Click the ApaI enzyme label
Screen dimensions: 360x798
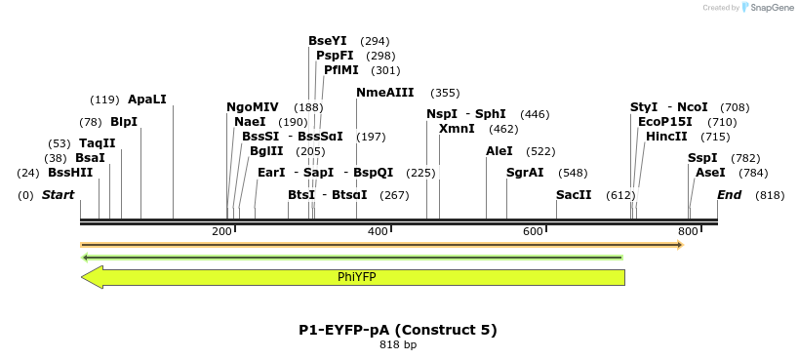point(147,100)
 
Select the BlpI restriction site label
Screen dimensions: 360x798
point(124,122)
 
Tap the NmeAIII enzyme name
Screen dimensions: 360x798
point(385,93)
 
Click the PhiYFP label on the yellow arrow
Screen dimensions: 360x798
point(357,277)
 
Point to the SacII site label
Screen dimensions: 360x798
point(574,195)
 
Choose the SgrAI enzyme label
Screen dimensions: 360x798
point(525,173)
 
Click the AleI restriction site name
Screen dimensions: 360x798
point(499,151)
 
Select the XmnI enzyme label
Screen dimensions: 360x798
point(457,129)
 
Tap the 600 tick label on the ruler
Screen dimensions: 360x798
point(533,231)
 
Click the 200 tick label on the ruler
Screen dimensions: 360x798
point(222,231)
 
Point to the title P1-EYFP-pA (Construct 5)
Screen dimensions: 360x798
point(398,330)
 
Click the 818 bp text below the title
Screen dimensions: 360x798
point(398,344)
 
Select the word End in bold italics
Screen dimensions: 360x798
point(730,195)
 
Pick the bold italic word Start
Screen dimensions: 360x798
point(59,195)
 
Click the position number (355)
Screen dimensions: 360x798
point(445,93)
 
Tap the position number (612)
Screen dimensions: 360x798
point(620,195)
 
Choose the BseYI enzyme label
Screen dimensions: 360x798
point(328,41)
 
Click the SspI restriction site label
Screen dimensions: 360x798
point(702,158)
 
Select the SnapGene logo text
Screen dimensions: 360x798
point(772,8)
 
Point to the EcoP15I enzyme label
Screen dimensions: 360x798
point(665,122)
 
